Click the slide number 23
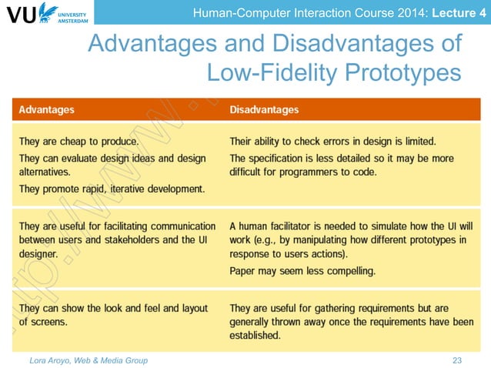[459, 360]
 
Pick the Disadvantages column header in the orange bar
[264, 110]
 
